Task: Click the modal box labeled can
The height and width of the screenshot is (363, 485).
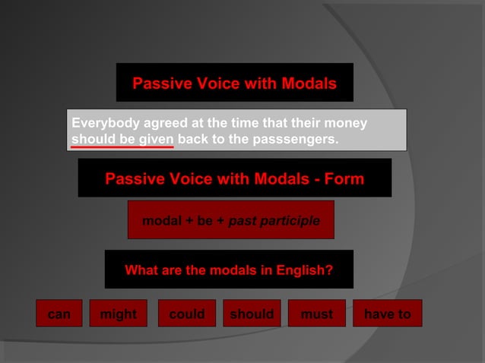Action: coord(59,314)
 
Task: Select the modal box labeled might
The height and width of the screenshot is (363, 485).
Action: coord(119,314)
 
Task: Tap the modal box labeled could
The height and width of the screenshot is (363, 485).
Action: coord(186,314)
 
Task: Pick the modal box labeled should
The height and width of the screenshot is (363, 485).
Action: coord(252,314)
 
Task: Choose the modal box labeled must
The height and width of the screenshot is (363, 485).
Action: coord(316,314)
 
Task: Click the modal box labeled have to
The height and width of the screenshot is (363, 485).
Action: coord(387,314)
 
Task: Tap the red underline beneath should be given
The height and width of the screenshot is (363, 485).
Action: coord(122,147)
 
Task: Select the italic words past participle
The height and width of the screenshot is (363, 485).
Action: coord(274,221)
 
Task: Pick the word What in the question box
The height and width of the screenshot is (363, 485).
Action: coord(142,270)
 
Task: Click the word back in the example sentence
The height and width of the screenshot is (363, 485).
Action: coord(193,140)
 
